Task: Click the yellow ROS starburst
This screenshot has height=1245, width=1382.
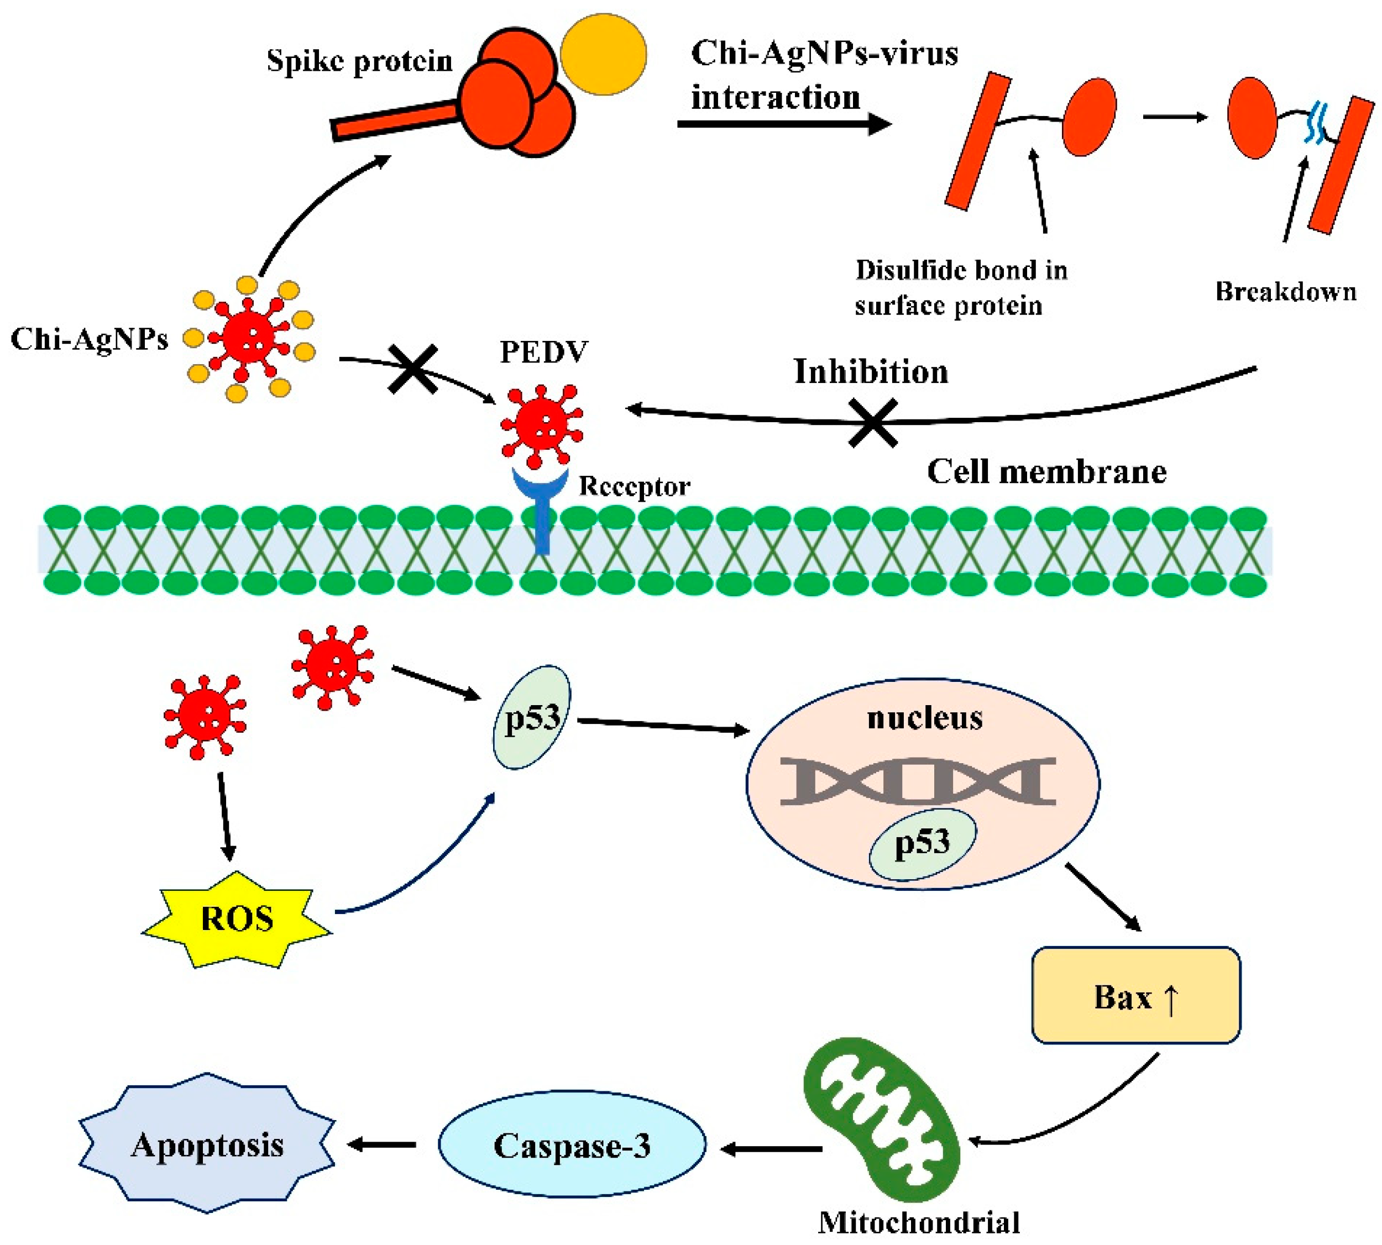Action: (x=237, y=919)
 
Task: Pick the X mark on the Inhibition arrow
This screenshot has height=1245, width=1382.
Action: (x=872, y=423)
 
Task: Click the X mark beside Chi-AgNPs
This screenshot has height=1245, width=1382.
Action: (x=412, y=369)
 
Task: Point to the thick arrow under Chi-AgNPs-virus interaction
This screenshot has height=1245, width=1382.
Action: (x=783, y=124)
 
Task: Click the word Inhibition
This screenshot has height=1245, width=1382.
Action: (x=870, y=371)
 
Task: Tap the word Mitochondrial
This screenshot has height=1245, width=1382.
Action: (x=918, y=1222)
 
